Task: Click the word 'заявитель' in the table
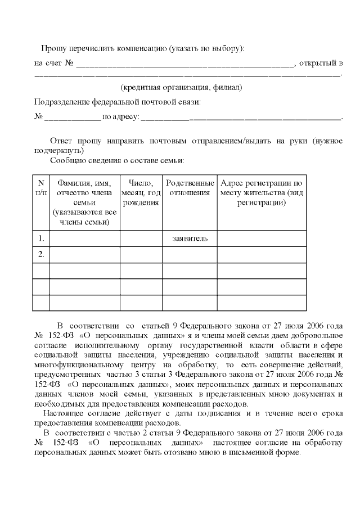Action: coord(190,238)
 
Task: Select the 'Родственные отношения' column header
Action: coord(190,188)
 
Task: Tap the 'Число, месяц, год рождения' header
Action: coord(141,193)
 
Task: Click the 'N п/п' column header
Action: coord(40,188)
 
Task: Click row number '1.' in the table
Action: coord(40,238)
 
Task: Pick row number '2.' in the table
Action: coord(40,254)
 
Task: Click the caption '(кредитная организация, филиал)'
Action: coord(181,88)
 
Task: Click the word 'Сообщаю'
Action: coord(67,161)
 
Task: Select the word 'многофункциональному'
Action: coord(77,364)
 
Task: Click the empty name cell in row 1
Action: coord(84,238)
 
